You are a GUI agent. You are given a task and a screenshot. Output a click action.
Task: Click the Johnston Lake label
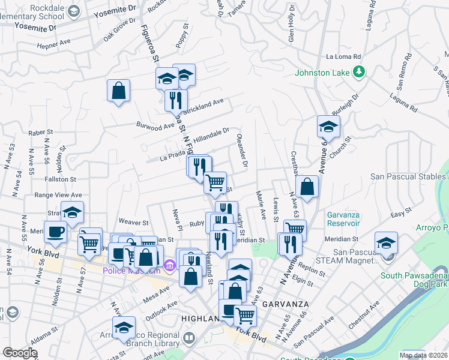pyautogui.click(x=322, y=73)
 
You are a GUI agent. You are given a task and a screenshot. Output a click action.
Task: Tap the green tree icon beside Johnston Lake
pyautogui.click(x=359, y=73)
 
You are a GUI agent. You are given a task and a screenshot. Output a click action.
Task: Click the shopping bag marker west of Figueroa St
pyautogui.click(x=119, y=91)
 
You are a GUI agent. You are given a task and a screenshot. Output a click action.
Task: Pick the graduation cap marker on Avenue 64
pyautogui.click(x=328, y=126)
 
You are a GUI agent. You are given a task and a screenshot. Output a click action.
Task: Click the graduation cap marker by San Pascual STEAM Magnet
pyautogui.click(x=386, y=242)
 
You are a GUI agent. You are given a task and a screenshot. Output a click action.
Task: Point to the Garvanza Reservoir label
pyautogui.click(x=347, y=219)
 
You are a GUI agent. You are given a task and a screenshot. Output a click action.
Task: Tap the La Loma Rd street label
pyautogui.click(x=342, y=57)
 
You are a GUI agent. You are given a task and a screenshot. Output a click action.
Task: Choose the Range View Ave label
pyautogui.click(x=58, y=195)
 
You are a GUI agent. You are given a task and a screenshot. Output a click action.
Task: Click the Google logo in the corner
pyautogui.click(x=20, y=353)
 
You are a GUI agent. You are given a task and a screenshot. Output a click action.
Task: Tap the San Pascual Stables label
pyautogui.click(x=408, y=176)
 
